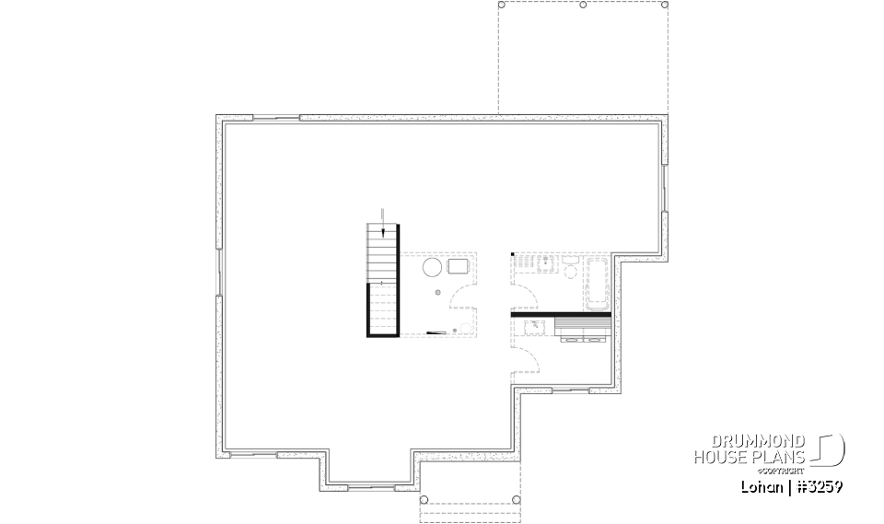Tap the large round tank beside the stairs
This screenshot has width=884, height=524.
(x=432, y=267)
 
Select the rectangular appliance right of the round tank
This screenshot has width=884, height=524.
(x=459, y=267)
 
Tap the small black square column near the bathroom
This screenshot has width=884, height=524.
(x=513, y=254)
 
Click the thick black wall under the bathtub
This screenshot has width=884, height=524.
(x=562, y=316)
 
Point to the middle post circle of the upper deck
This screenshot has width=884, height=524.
(x=583, y=5)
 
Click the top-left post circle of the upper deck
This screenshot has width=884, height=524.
(x=502, y=5)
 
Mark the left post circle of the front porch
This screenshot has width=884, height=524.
(x=425, y=500)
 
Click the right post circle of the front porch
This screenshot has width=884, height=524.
(x=517, y=500)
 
